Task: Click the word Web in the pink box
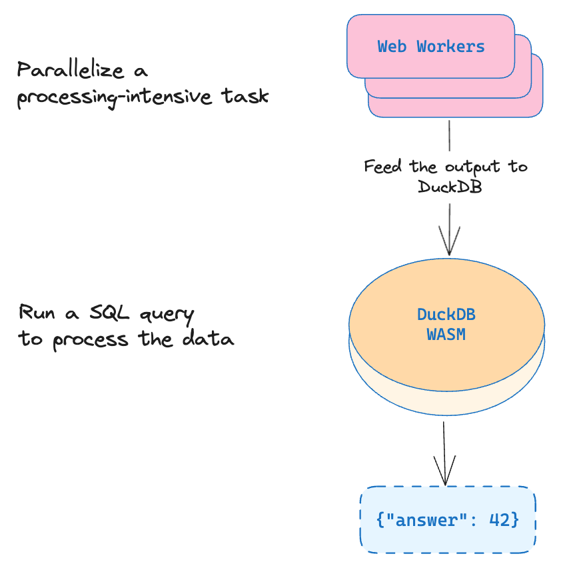pos(392,47)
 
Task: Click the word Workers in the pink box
pos(451,47)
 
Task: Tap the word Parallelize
pos(71,69)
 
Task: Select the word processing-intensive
pos(115,97)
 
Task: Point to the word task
pos(245,96)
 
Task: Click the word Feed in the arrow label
pos(382,167)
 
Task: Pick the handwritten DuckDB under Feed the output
pos(450,187)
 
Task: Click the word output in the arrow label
pos(472,167)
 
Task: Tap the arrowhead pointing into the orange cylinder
pos(449,241)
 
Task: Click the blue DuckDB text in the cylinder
pos(446,315)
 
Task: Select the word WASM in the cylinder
pos(446,335)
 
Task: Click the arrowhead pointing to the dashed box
pos(445,471)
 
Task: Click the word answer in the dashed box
pos(426,521)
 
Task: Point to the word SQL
pos(110,313)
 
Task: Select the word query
pos(167,315)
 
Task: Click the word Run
pos(37,312)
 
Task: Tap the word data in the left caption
pos(209,338)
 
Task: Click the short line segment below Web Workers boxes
pos(449,135)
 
